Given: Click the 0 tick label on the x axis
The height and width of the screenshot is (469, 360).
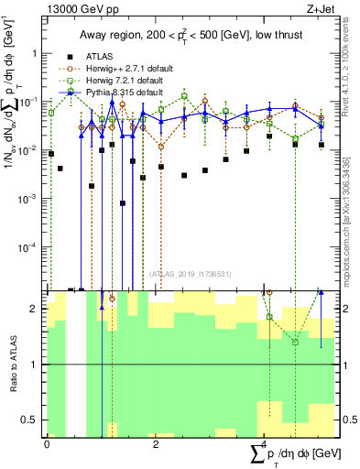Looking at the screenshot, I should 47,442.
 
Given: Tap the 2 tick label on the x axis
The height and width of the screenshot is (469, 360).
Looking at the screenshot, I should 156,442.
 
